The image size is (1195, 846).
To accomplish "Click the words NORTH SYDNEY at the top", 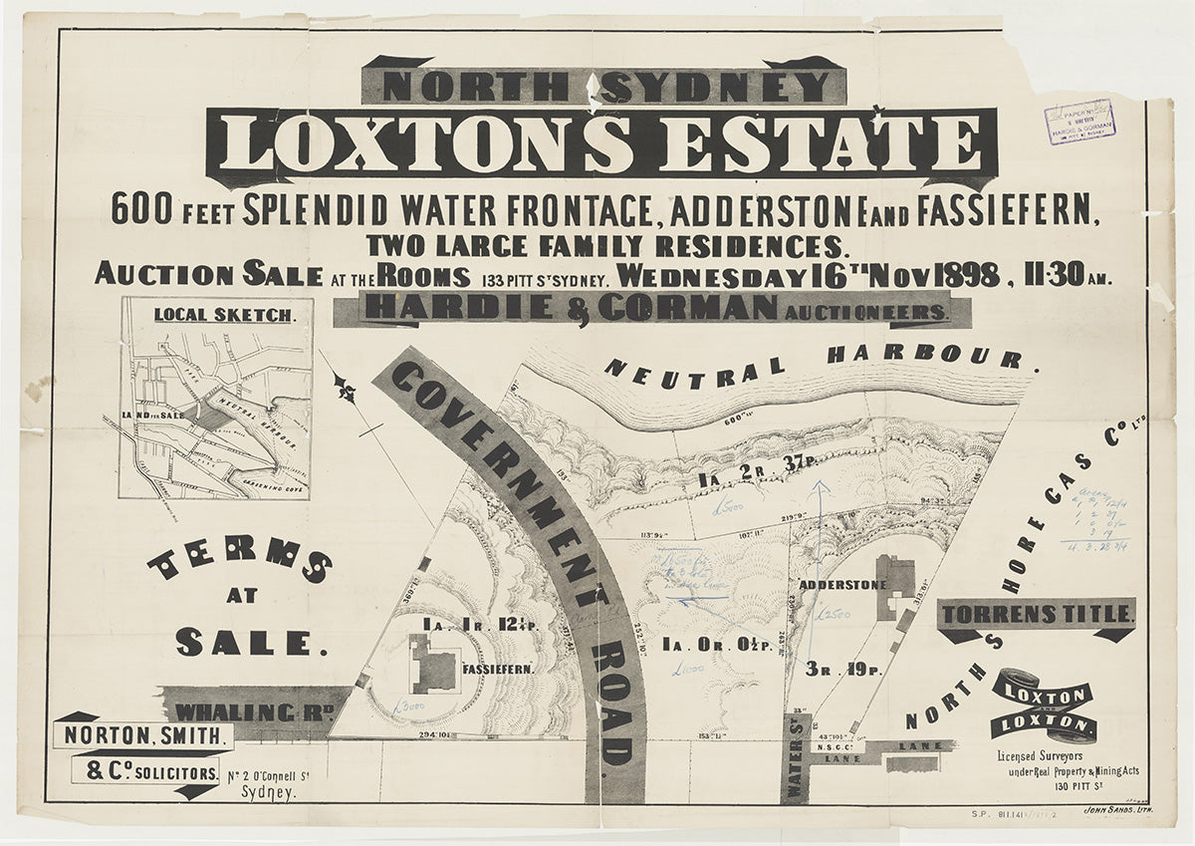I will [x=604, y=86].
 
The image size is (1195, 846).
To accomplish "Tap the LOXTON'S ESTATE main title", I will [x=601, y=145].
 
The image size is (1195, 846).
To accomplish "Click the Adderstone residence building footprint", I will [x=895, y=575].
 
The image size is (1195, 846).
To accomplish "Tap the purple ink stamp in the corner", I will [x=1079, y=122].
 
